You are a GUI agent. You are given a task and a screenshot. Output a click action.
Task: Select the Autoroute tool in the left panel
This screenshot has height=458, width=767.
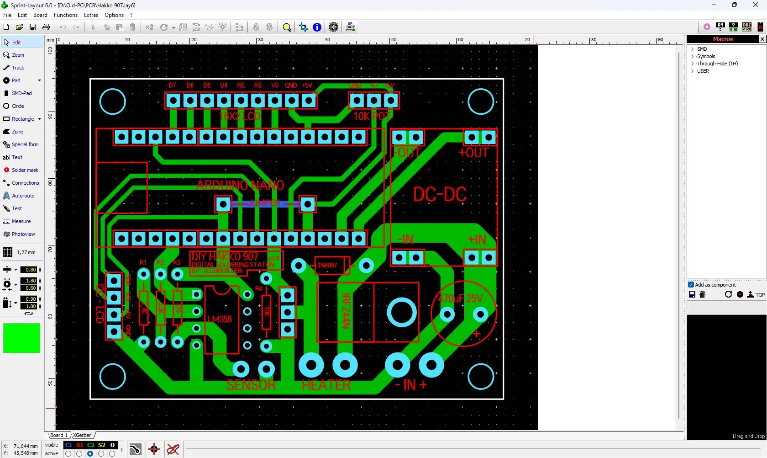coord(23,196)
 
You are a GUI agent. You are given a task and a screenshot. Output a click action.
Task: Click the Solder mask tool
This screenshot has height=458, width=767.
coord(25,170)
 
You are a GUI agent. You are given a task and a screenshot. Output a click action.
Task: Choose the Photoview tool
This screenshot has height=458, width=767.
coord(23,234)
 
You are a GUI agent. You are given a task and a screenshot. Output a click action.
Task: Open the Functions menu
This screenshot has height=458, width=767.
coord(66,15)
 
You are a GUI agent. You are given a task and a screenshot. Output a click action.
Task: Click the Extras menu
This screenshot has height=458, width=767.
coord(91,15)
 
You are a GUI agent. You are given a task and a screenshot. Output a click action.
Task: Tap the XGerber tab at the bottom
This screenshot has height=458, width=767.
coord(82,435)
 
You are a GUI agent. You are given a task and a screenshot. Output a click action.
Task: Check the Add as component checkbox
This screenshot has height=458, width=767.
coord(691,285)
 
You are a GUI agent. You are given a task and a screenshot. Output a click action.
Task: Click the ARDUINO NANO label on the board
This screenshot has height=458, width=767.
coord(240,185)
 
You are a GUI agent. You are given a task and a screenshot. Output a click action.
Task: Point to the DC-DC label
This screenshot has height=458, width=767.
coord(440,195)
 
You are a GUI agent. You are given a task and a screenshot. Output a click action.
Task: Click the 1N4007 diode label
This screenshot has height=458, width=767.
coord(327,265)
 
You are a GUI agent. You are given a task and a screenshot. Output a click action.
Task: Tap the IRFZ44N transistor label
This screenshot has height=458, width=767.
coord(346,311)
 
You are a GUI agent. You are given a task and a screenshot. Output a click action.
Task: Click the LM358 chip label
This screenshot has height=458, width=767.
coord(220,319)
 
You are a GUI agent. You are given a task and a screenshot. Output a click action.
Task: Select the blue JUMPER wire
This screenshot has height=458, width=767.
coord(265,203)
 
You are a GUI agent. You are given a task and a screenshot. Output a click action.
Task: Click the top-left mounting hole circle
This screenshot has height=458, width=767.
coord(112,101)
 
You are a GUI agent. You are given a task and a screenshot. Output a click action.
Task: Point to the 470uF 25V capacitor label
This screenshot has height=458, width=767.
coord(460,299)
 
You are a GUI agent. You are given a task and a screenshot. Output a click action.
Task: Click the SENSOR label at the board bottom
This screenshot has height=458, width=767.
coord(251,385)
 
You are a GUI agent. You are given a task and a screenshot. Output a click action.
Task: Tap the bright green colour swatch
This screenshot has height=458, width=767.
coord(21,338)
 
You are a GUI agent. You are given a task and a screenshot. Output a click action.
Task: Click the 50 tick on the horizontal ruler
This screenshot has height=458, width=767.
coord(393,40)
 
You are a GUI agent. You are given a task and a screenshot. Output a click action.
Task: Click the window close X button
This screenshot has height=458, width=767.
coord(755,5)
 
